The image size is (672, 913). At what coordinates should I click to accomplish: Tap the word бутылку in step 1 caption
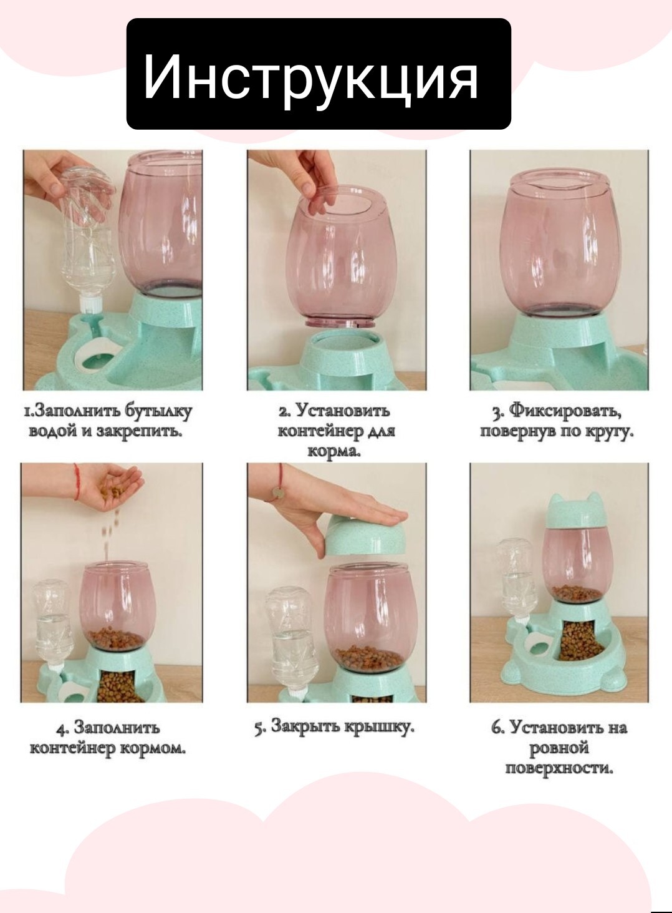coord(158,411)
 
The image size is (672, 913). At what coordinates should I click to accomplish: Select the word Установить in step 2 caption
coord(342,411)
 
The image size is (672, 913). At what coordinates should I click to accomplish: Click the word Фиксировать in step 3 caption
coord(565,411)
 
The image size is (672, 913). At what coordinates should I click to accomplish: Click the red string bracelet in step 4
coord(76,481)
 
